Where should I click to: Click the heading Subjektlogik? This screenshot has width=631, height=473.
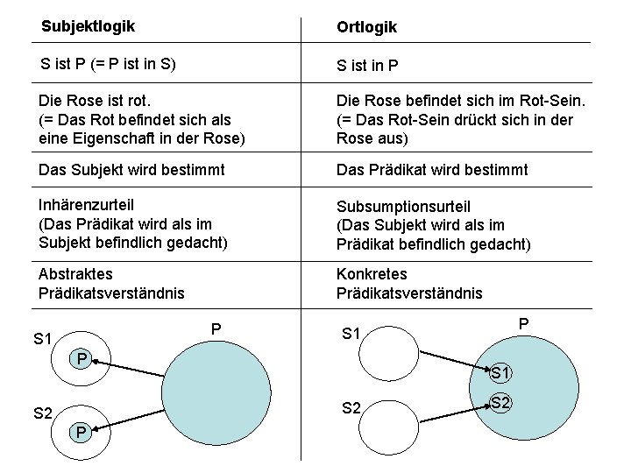[89, 26]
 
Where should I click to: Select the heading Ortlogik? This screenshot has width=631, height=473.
[367, 27]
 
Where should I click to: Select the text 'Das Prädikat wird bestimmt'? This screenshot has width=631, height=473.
[432, 169]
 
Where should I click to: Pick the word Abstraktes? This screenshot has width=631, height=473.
[76, 274]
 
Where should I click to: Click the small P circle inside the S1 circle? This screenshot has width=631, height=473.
[80, 358]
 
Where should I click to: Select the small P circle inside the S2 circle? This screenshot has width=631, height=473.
[80, 429]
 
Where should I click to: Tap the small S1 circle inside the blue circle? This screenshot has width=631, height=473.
[500, 373]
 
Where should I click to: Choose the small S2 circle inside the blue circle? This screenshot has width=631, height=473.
[500, 404]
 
